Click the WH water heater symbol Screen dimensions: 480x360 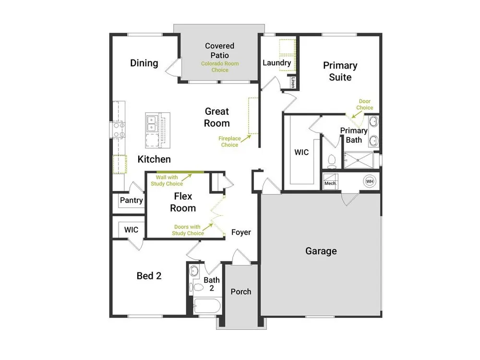point(370,181)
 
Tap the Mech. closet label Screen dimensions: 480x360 point(330,183)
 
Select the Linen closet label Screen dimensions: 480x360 point(293,82)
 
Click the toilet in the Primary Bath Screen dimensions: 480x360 point(332,162)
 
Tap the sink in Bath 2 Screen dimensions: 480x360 point(194,271)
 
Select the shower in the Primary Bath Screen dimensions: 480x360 point(358,160)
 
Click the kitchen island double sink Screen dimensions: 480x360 point(151,123)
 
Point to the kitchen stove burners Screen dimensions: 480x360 point(119,130)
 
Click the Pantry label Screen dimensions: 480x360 point(132,200)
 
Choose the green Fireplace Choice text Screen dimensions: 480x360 point(229,142)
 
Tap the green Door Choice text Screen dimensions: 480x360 point(365,104)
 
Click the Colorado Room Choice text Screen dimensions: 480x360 point(220,67)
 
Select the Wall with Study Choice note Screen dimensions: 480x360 point(167,180)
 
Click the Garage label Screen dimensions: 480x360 point(321,251)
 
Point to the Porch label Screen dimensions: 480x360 point(241,292)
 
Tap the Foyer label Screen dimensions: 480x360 point(241,232)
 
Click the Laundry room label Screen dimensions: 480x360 point(277,63)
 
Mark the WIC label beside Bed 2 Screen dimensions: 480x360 point(131,229)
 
